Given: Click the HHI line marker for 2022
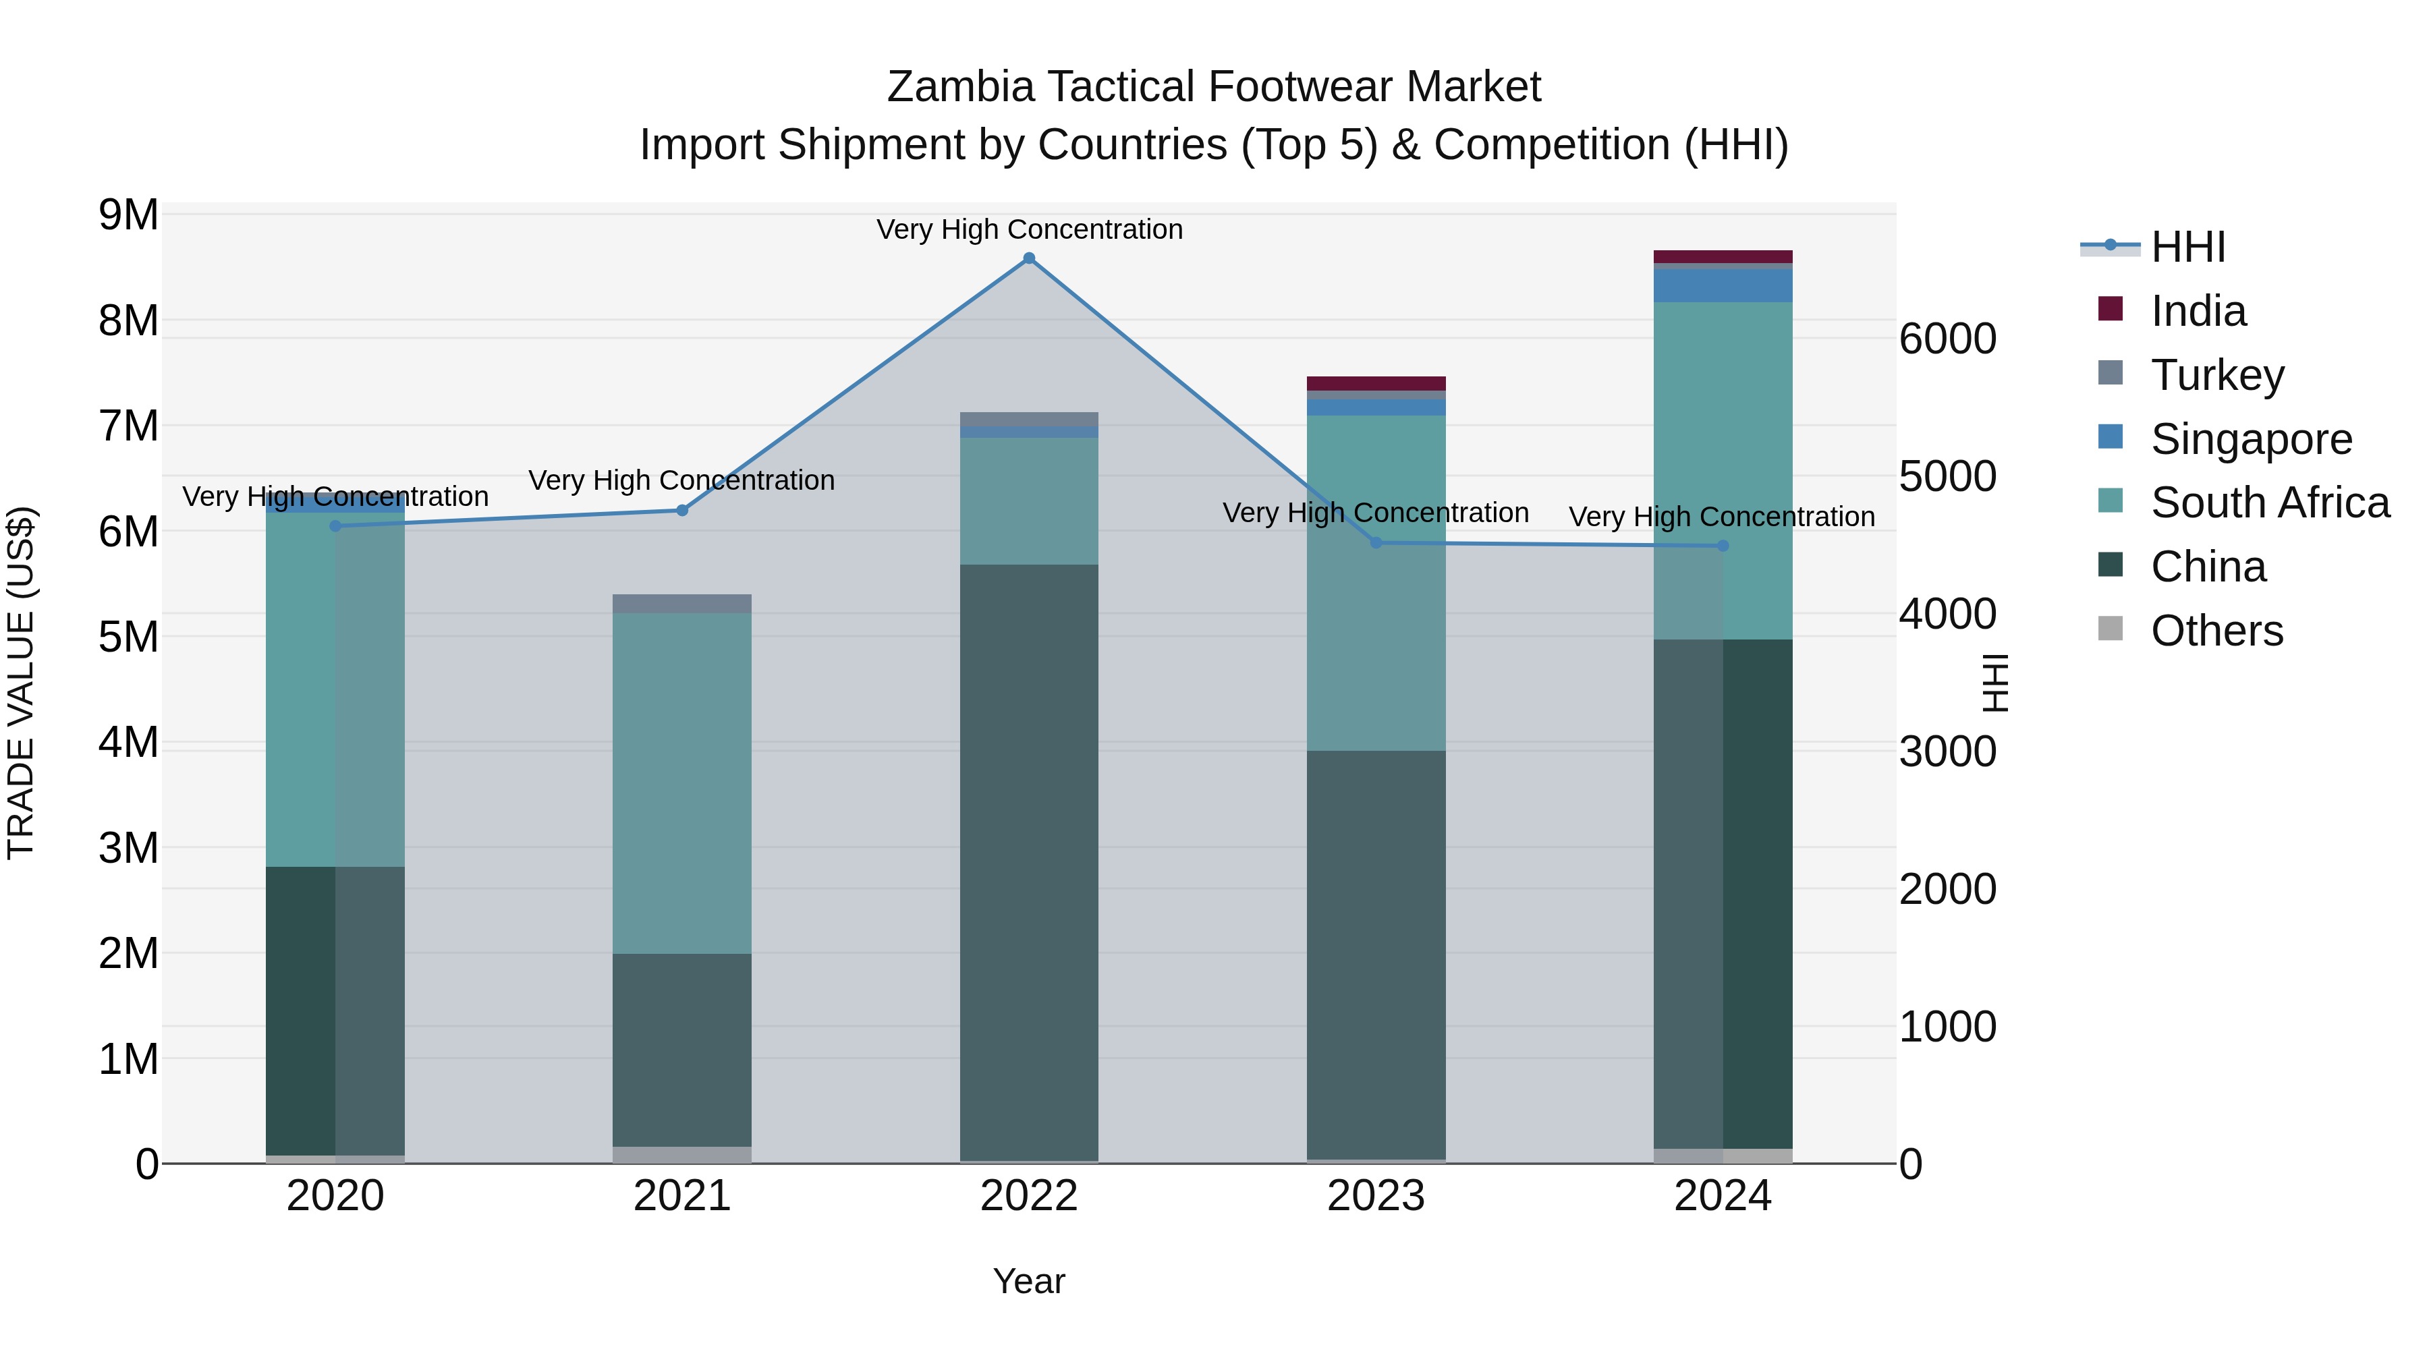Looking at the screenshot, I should click(x=1029, y=258).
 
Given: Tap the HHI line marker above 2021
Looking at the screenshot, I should click(x=683, y=510).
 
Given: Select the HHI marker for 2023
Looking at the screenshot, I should click(x=1376, y=543).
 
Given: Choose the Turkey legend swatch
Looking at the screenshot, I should click(x=2111, y=373).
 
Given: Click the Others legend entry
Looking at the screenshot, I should click(x=2216, y=631).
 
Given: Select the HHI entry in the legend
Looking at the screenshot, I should click(x=2187, y=247).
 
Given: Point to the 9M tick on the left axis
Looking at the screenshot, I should click(x=129, y=215).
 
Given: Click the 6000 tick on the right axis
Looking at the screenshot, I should click(x=1947, y=339).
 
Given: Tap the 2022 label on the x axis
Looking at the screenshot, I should click(x=1029, y=1196).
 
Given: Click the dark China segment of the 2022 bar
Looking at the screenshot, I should click(x=1029, y=863).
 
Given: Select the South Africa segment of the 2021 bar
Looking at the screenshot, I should click(x=683, y=782).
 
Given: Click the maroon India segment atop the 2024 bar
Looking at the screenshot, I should click(x=1723, y=256).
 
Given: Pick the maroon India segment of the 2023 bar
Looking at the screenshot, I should click(x=1376, y=382).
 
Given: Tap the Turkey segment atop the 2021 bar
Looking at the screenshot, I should click(x=683, y=603).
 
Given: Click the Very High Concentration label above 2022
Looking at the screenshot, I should click(x=1029, y=229).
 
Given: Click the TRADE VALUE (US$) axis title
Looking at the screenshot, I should click(x=22, y=683).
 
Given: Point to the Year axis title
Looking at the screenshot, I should click(x=1029, y=1281).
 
